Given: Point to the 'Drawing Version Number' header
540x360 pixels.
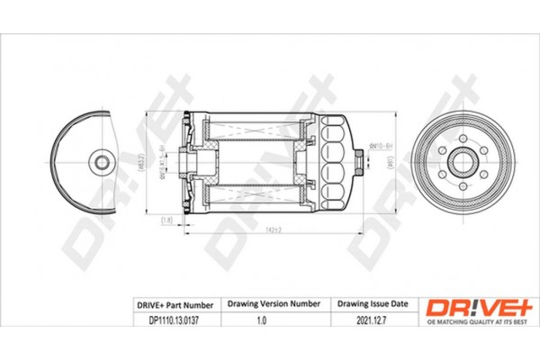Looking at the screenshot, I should coord(274,305).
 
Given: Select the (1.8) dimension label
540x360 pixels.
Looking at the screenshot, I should coord(166,220).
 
